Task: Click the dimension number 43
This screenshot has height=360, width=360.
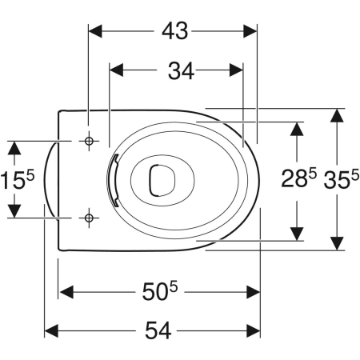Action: (x=174, y=31)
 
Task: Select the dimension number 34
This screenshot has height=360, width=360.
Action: (x=181, y=70)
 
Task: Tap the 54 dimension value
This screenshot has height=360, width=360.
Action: (x=158, y=330)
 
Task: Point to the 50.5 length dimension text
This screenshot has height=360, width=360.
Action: (x=159, y=291)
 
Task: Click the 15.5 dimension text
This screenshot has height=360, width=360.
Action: (x=18, y=179)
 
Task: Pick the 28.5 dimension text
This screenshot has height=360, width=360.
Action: (x=298, y=178)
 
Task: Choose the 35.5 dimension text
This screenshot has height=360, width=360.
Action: (x=341, y=179)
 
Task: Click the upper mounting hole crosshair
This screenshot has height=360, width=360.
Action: (x=89, y=141)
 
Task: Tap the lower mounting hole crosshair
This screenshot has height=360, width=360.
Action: (x=89, y=218)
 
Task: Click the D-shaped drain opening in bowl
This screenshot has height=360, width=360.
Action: (x=162, y=180)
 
